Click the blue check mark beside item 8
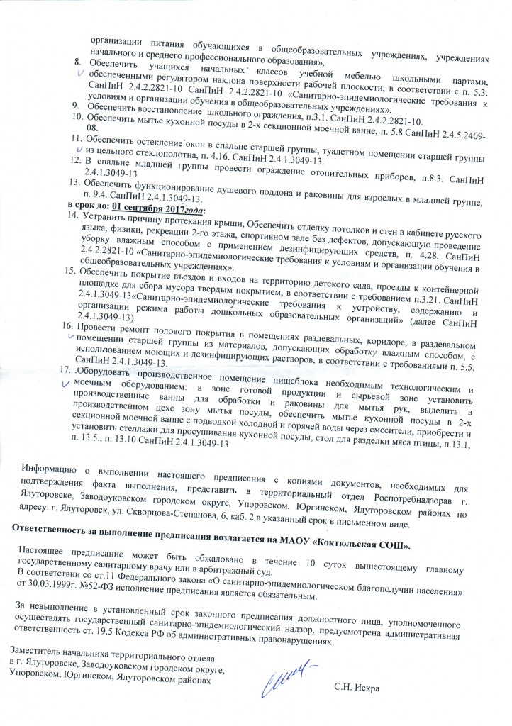[81, 72]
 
